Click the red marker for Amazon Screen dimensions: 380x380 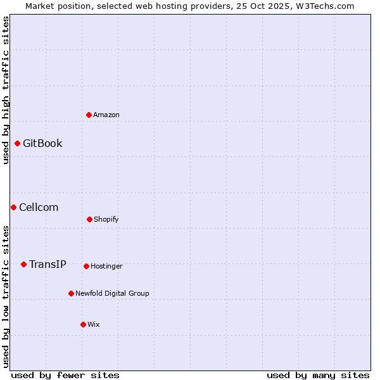coord(89,115)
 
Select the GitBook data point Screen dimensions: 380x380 coord(17,143)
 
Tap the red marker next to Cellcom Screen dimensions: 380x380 coord(13,207)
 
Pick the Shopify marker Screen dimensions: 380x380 coord(89,219)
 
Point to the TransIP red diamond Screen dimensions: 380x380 coord(23,264)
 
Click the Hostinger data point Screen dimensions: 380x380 coord(86,266)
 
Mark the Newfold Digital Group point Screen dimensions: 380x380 coord(71,293)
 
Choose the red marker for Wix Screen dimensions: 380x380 coord(83,324)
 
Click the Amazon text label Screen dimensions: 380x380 coord(106,115)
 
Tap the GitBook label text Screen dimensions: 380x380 coord(42,143)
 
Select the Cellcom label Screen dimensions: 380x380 coord(39,207)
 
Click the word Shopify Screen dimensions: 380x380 coord(106,219)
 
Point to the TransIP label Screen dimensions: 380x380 coord(47,264)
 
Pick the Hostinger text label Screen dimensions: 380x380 coord(106,266)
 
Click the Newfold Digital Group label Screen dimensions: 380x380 coord(112,293)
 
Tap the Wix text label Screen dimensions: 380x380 coord(94,324)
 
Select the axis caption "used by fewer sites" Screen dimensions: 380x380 coord(65,375)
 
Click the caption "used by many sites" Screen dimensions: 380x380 coord(318,375)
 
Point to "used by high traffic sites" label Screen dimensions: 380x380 coord(6,90)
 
